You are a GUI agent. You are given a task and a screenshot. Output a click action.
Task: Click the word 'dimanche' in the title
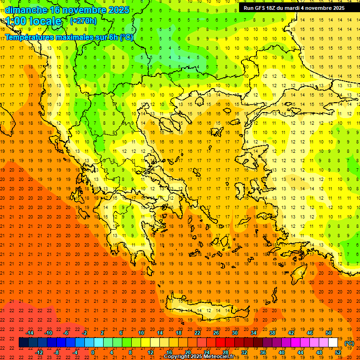point(26,10)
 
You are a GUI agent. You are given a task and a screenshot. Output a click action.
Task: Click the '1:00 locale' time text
point(33,22)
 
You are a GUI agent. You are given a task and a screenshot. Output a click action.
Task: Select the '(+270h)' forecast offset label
point(83,21)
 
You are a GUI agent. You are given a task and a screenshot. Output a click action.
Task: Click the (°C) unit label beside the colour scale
point(349,343)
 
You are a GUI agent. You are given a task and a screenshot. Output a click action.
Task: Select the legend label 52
point(338,352)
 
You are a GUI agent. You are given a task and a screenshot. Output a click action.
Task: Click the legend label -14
point(30,333)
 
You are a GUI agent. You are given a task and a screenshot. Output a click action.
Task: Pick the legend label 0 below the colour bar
point(93,352)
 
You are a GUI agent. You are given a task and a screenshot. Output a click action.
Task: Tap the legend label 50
point(329,333)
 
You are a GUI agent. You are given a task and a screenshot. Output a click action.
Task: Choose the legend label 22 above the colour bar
point(198,333)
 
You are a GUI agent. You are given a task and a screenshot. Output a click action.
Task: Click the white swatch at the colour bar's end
point(333,343)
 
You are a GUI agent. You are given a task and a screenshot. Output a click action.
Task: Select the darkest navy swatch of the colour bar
point(23,343)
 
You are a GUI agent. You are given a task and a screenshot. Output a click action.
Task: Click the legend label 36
point(263,352)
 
